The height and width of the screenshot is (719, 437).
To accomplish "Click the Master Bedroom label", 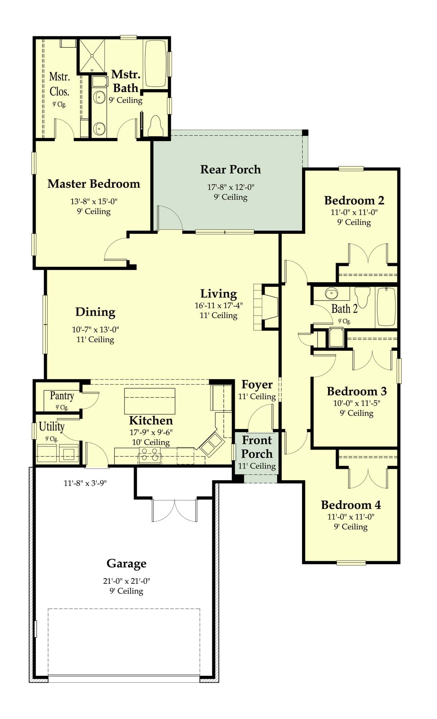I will click(94, 184).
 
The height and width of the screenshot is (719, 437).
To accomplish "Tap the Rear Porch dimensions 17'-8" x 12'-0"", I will click(231, 187).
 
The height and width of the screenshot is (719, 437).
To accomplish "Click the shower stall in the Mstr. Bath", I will click(92, 56).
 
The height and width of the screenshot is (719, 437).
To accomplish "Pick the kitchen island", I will click(150, 401).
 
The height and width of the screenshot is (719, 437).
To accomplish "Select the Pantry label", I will click(62, 396).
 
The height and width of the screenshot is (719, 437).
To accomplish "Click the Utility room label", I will click(51, 427).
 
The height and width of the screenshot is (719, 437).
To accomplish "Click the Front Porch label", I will click(257, 447).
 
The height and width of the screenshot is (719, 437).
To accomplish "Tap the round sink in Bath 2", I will click(331, 294).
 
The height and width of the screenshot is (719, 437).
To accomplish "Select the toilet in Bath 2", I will click(363, 296).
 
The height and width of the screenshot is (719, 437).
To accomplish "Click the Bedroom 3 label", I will click(356, 391).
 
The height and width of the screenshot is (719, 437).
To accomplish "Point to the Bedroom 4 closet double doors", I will click(368, 477).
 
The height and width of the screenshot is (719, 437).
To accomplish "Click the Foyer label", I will click(257, 384).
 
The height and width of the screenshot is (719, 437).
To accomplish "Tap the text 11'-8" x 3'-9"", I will click(85, 483).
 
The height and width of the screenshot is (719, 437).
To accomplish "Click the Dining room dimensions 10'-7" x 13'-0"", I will click(95, 329).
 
